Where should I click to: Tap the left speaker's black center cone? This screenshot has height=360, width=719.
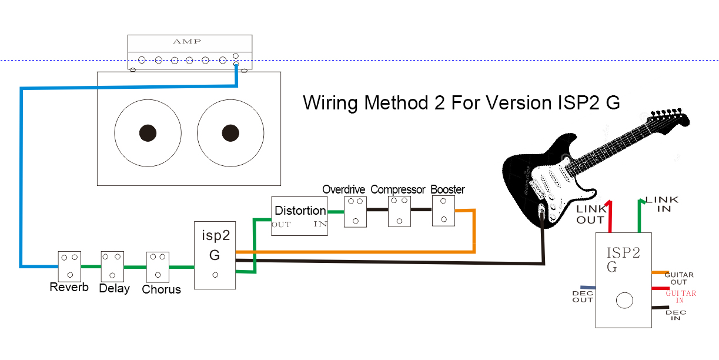pos(148,133)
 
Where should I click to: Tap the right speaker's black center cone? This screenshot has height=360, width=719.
pos(230,133)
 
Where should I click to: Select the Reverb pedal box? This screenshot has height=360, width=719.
pos(69,266)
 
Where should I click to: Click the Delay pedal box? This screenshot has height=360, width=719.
pos(112,266)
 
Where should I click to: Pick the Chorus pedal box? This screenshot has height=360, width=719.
pos(158,266)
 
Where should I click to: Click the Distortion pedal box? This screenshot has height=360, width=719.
pos(299,216)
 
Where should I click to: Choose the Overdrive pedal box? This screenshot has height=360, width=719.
pos(355,211)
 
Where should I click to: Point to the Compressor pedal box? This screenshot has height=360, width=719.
pos(399,211)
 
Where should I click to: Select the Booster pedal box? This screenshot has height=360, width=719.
pos(443,211)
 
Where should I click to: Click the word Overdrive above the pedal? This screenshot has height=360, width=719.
pos(343,189)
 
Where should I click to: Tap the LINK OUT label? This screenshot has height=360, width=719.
pos(590,215)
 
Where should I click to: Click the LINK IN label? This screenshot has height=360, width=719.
pos(662,204)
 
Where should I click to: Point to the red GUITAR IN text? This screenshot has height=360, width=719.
pos(681,296)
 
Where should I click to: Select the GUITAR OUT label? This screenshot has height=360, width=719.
pos(679,278)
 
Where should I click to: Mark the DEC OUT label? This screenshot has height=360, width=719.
pos(583,296)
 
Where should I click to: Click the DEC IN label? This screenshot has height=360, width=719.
pos(675,315)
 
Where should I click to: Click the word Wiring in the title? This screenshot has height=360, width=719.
pos(331,103)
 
